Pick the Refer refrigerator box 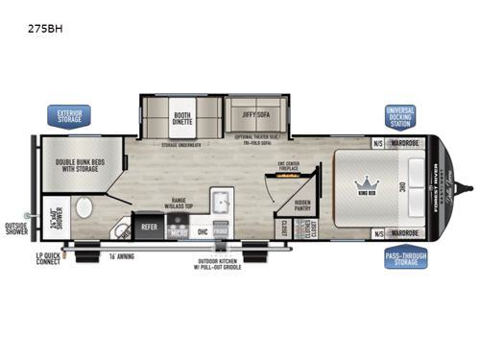150,228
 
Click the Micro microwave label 179,231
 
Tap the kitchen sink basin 218,204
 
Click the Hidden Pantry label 302,204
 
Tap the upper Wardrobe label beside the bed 406,143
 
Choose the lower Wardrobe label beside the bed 406,232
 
